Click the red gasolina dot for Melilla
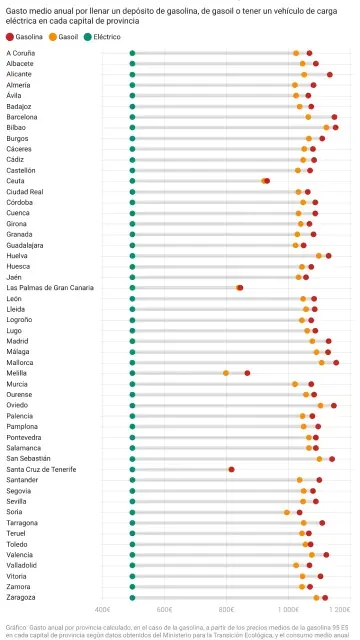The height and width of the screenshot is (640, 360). (x=247, y=373)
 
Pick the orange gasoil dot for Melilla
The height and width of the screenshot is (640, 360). (x=226, y=373)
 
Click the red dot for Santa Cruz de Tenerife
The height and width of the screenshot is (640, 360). (x=231, y=469)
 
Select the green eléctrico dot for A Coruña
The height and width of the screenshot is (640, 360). (x=132, y=53)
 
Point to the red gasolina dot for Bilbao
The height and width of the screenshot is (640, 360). (x=335, y=127)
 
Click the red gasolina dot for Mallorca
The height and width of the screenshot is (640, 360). (x=336, y=362)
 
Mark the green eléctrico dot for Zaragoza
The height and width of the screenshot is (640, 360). (x=132, y=597)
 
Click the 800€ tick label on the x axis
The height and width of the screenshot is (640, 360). (x=226, y=608)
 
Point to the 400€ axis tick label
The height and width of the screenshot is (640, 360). (x=102, y=608)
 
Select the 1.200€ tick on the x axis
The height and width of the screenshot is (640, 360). (x=340, y=608)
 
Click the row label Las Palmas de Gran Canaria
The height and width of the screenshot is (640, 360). (x=50, y=287)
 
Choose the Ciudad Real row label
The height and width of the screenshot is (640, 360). (x=25, y=191)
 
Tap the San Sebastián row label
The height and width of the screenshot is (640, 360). (x=28, y=458)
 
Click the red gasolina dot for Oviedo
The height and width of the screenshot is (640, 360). (x=333, y=405)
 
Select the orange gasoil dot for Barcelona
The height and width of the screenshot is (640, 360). (x=308, y=117)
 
